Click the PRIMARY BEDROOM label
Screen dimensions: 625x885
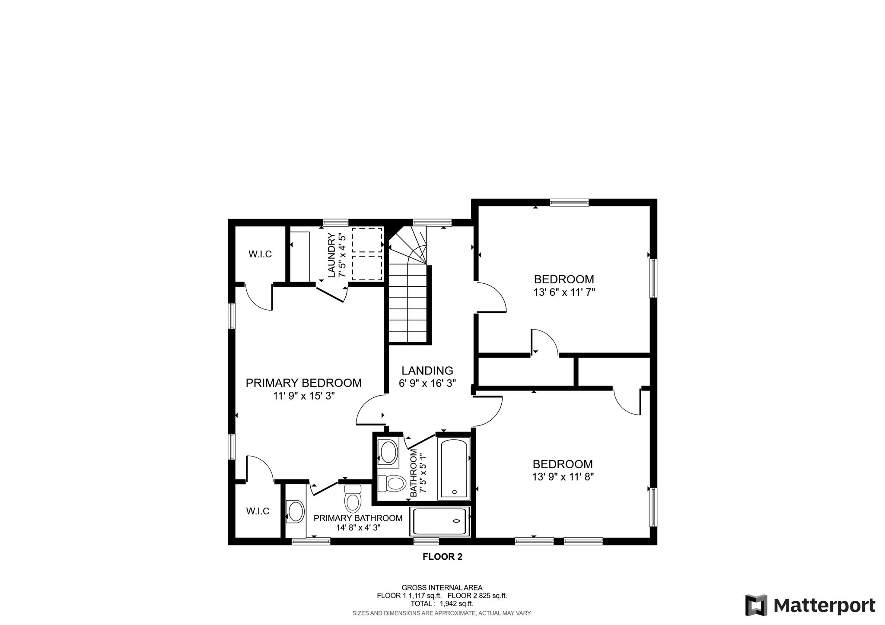pyautogui.click(x=303, y=383)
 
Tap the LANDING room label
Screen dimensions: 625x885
pyautogui.click(x=427, y=371)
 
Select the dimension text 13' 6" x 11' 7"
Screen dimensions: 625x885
pyautogui.click(x=564, y=292)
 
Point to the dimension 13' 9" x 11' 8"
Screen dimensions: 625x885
pyautogui.click(x=563, y=477)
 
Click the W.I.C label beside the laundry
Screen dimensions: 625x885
pyautogui.click(x=260, y=254)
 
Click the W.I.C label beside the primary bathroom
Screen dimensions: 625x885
pyautogui.click(x=258, y=511)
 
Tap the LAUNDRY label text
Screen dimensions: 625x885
pyautogui.click(x=331, y=255)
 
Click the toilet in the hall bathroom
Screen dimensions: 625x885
pyautogui.click(x=392, y=483)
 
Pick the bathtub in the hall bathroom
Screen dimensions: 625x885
pyautogui.click(x=454, y=469)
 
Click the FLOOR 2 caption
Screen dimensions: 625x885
pyautogui.click(x=442, y=557)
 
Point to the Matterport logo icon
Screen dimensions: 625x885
pyautogui.click(x=756, y=605)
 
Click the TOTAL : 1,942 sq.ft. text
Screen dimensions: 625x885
pyautogui.click(x=442, y=604)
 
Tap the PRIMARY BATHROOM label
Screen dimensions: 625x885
pyautogui.click(x=358, y=518)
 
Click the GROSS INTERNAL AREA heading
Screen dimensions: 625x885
pyautogui.click(x=442, y=587)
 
